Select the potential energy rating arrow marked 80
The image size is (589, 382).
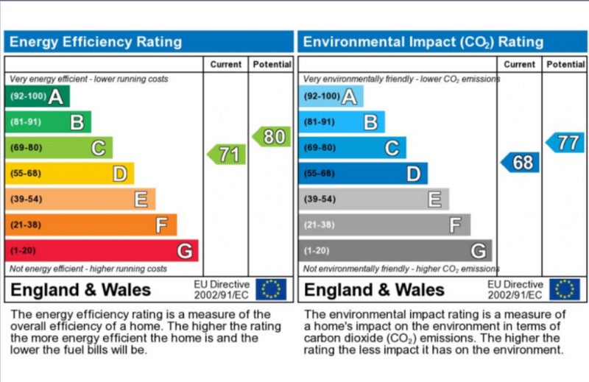point(272,137)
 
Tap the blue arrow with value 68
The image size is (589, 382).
point(521,162)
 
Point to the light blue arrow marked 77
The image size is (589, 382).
point(565,143)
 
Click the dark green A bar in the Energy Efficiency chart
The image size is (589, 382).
point(37,96)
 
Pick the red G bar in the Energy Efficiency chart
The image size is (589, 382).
point(102,251)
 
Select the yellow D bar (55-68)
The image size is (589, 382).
point(69,174)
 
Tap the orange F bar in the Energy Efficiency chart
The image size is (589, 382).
point(91,225)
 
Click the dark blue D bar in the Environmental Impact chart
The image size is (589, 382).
point(362,174)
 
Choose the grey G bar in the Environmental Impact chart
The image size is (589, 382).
point(395,251)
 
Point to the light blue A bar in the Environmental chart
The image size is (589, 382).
point(331,96)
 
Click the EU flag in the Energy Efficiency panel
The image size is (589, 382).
point(270,289)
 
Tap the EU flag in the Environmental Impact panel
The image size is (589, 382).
point(564,289)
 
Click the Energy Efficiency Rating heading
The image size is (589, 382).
point(95,41)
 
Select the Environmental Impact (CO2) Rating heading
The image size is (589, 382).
point(423,41)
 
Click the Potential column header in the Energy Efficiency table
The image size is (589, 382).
point(272,65)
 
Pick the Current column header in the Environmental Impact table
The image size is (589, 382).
point(520,65)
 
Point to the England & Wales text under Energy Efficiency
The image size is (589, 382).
point(81,289)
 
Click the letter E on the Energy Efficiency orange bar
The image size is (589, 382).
point(141,199)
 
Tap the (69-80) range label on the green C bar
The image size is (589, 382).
point(26,148)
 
